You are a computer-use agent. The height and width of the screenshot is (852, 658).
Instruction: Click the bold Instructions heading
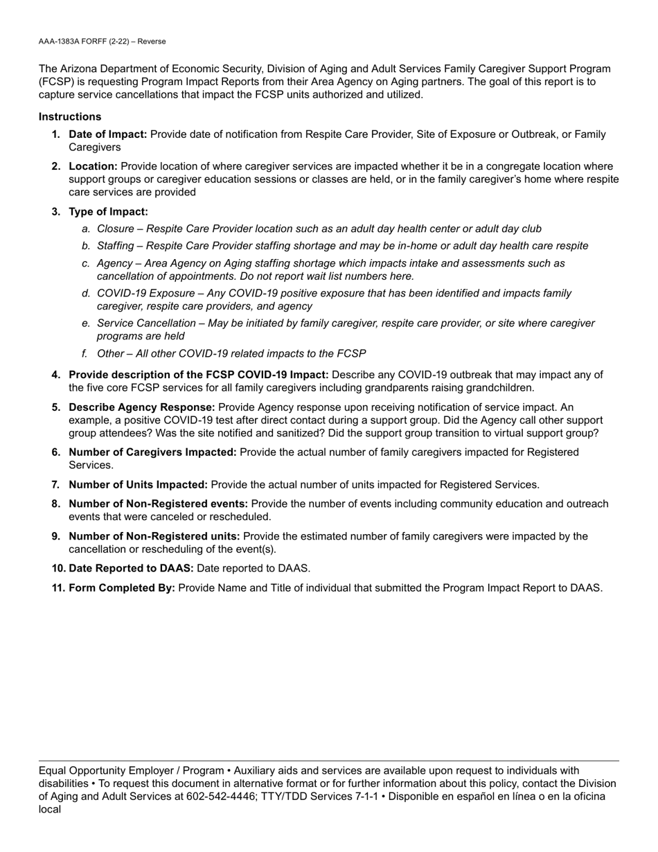[70, 116]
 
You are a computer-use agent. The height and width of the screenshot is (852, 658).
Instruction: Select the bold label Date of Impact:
[107, 134]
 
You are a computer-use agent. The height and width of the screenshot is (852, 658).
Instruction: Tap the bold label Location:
[93, 166]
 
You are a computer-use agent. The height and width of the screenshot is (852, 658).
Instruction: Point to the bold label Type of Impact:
[108, 211]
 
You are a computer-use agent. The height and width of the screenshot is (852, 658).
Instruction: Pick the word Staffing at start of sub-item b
[116, 246]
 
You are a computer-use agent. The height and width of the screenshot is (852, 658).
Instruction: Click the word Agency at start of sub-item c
[114, 263]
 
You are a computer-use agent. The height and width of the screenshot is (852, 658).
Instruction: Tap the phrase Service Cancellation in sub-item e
[146, 323]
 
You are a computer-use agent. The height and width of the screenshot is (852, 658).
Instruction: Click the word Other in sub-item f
[111, 353]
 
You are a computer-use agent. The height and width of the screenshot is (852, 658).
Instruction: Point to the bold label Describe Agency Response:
[142, 407]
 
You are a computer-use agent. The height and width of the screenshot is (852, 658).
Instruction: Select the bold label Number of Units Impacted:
[138, 485]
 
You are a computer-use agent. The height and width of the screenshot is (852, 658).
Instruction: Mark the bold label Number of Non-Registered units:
[154, 536]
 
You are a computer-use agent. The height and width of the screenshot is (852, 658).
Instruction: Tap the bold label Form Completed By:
[122, 588]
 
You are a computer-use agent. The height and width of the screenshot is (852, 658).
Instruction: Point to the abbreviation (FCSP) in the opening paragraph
[55, 82]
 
